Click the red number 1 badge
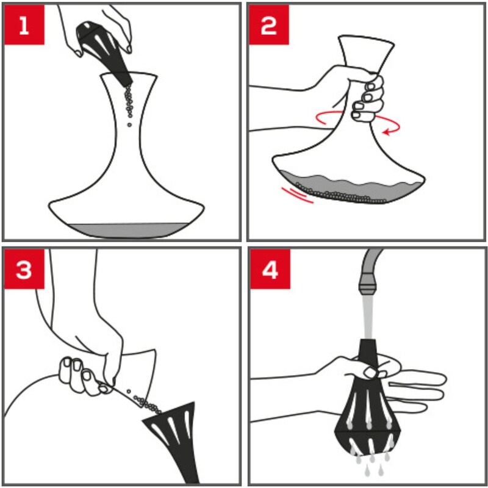(x=24, y=24)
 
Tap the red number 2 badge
(x=269, y=24)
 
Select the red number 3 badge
(x=24, y=269)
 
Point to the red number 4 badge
(x=270, y=269)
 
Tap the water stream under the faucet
(x=368, y=317)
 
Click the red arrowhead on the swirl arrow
(x=387, y=132)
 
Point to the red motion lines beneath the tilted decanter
(x=297, y=195)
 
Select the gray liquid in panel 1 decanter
(x=127, y=231)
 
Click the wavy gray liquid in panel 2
(x=348, y=187)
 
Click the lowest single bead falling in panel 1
(x=129, y=125)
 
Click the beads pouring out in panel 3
(x=145, y=402)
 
